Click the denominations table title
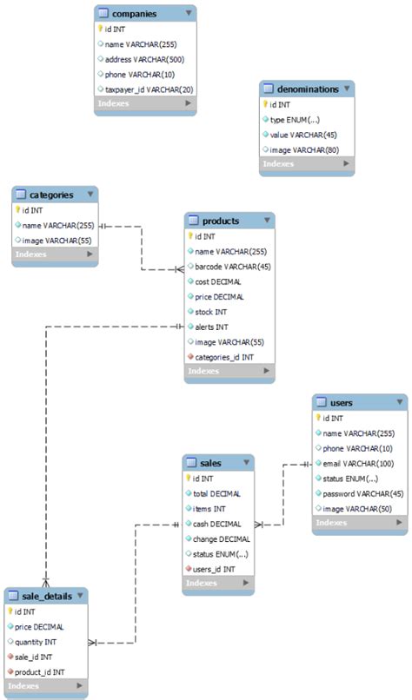tap(309, 89)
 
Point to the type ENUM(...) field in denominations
tap(294, 120)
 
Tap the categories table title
tap(51, 195)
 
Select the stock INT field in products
tap(212, 312)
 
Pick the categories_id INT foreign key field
tap(224, 357)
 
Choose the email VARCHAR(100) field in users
tap(357, 463)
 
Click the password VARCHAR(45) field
tap(361, 493)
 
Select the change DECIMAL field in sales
tap(217, 539)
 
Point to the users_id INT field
tap(214, 569)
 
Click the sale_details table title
tap(44, 597)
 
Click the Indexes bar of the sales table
tap(217, 584)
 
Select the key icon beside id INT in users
tap(318, 418)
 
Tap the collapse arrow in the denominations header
tap(348, 89)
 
